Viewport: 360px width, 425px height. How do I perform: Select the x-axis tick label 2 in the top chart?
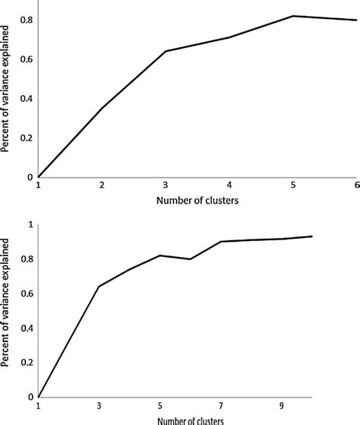[x=101, y=187]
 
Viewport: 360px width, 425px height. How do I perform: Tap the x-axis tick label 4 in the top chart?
[x=229, y=187]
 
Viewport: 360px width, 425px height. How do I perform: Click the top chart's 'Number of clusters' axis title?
[x=197, y=202]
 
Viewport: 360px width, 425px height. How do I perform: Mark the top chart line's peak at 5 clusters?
[x=292, y=16]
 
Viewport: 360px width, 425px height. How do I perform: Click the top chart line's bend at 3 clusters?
[x=166, y=51]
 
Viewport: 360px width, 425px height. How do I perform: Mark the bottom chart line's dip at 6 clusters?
[x=191, y=259]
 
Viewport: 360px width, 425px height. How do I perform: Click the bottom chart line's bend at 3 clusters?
[x=99, y=287]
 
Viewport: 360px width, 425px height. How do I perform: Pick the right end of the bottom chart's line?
[x=312, y=236]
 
